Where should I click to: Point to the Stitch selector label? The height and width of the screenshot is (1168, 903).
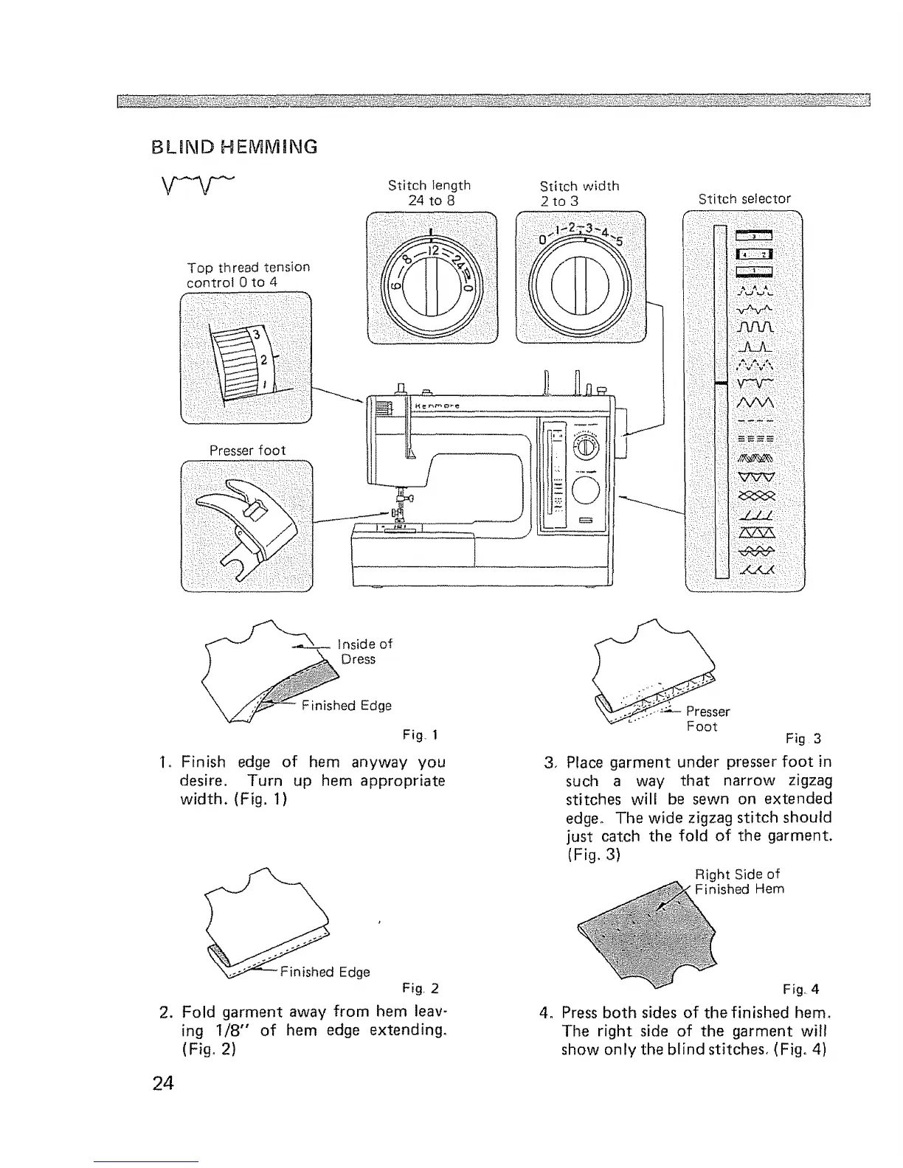744,198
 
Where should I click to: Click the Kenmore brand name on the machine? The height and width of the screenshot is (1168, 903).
437,405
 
